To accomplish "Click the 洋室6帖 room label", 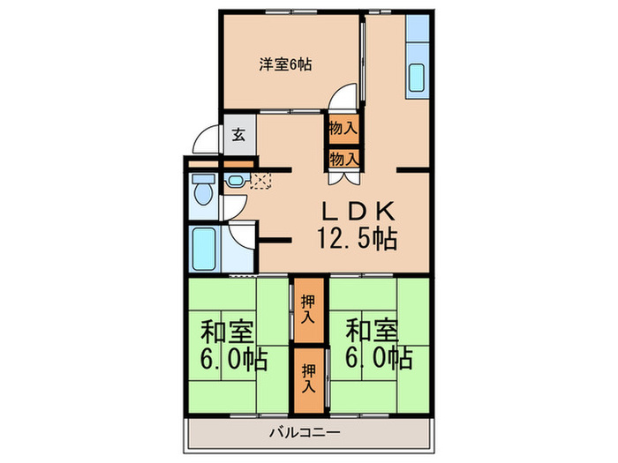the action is point(285,64).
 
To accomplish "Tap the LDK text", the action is point(358,211).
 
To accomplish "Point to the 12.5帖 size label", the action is point(357,239).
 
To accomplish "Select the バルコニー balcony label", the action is point(305,433).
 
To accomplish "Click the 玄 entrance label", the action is point(238,135).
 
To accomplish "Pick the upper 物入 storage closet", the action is point(344,129).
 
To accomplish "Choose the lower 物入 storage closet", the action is point(344,159).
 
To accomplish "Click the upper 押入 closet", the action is point(309,310).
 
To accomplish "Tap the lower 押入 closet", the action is point(309,379).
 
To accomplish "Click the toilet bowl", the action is point(203,191).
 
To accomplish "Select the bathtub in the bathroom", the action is point(204,249).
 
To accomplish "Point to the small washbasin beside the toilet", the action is point(236,181).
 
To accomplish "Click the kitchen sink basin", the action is point(417,78).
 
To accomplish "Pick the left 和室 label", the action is point(226,332).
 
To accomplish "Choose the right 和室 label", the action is point(372,332).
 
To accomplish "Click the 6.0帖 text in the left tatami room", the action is point(234,359).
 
